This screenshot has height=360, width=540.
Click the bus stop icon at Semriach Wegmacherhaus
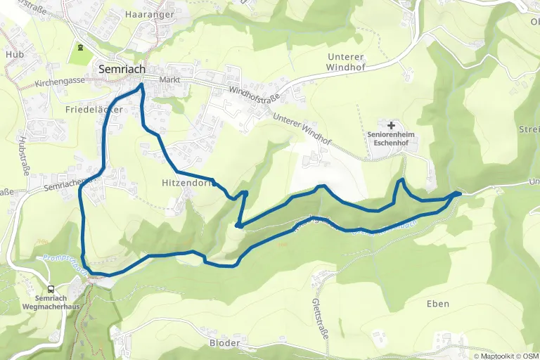pos(51,289)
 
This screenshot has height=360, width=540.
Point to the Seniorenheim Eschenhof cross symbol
pos(391,124)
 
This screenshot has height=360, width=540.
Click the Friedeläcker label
pos(94,110)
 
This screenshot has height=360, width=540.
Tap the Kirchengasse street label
pos(59,83)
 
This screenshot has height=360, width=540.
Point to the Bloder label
pos(224,343)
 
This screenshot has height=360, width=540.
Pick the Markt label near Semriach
pos(170,79)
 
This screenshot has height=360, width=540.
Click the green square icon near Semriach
pos(80,49)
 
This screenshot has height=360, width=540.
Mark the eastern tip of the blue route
pos(460,193)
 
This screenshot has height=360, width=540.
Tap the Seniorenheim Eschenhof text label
pos(392,138)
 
